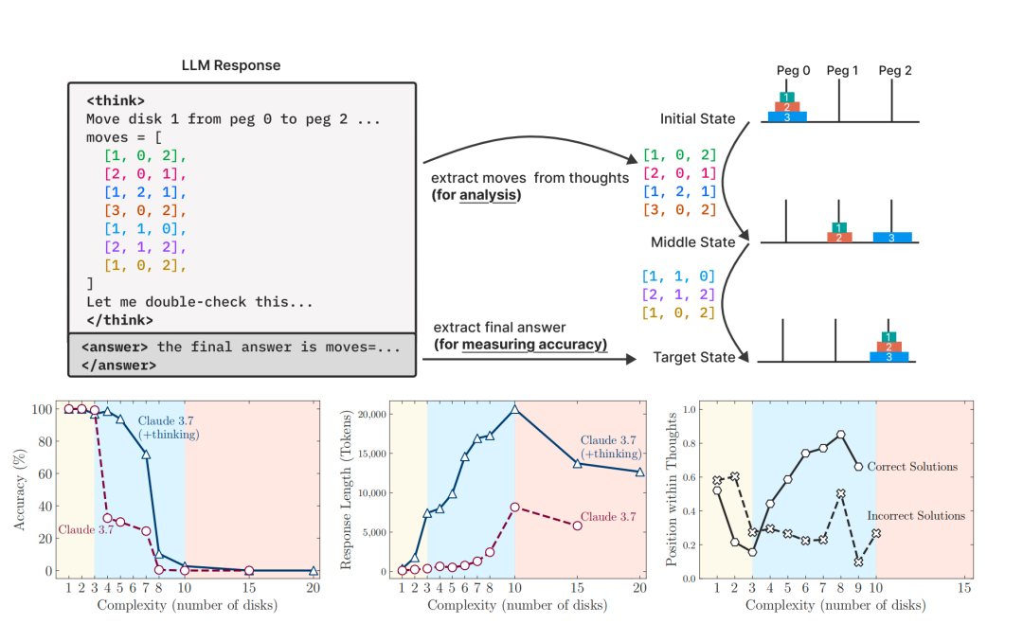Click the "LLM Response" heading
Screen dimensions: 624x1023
click(230, 65)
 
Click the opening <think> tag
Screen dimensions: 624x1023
click(115, 100)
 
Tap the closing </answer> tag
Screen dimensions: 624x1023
click(118, 364)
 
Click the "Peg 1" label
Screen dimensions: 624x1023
click(842, 70)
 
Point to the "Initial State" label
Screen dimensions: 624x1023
click(697, 119)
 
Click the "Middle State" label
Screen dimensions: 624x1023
click(693, 242)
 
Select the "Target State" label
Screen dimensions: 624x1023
click(694, 358)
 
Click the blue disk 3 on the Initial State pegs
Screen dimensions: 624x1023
click(786, 116)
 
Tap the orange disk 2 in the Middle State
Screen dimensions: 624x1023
click(837, 237)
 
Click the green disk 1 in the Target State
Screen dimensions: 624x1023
click(888, 336)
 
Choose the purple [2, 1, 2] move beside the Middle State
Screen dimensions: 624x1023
click(678, 294)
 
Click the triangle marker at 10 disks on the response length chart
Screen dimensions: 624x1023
click(514, 409)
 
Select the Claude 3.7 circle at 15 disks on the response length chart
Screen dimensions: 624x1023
click(577, 525)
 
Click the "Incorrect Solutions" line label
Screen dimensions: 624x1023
click(915, 516)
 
